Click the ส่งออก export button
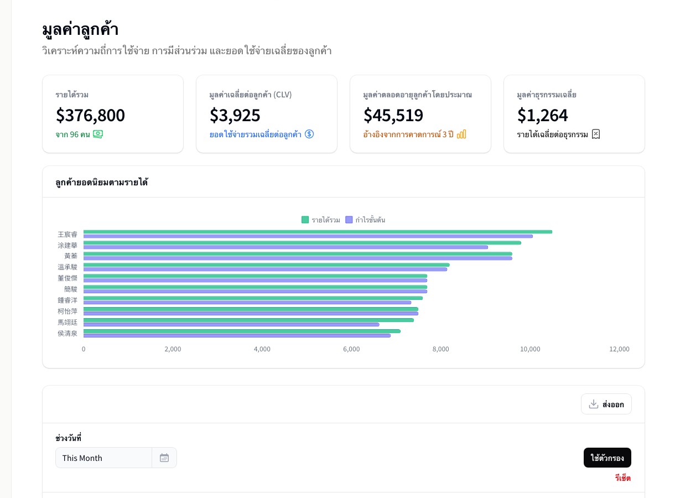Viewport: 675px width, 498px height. click(606, 404)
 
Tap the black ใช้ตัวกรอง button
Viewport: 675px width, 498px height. click(607, 458)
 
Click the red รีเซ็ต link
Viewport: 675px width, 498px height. click(622, 478)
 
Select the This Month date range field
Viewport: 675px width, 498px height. click(103, 458)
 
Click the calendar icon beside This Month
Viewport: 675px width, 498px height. click(164, 458)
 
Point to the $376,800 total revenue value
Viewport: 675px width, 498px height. click(90, 115)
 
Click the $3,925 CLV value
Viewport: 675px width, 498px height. click(235, 115)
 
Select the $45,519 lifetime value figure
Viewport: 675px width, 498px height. click(393, 115)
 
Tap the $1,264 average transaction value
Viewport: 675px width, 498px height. click(542, 115)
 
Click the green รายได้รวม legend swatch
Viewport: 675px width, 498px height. click(305, 220)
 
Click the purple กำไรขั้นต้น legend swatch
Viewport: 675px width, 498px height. click(349, 220)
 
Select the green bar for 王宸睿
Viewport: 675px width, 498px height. click(318, 232)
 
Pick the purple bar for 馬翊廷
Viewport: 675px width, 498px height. click(231, 324)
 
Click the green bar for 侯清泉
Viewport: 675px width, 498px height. click(242, 331)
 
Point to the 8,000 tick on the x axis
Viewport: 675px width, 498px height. click(440, 349)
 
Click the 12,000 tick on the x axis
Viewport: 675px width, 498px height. click(619, 349)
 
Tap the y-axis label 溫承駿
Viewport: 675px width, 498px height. click(67, 267)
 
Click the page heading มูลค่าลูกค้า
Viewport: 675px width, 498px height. click(80, 29)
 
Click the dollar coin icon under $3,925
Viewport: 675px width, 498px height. click(309, 134)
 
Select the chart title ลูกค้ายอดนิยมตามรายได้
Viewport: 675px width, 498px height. click(102, 182)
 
